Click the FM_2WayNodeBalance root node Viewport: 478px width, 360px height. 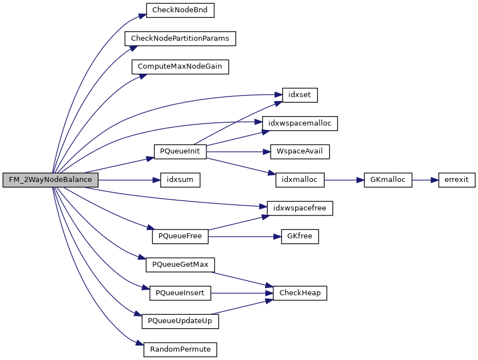tap(50, 180)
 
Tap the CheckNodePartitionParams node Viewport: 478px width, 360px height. tap(180, 38)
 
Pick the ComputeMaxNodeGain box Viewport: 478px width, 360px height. tap(180, 66)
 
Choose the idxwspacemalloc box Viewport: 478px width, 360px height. tap(300, 123)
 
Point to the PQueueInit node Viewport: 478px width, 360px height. tap(180, 151)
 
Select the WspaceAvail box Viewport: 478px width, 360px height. tap(300, 151)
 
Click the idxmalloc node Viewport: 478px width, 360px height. tap(300, 180)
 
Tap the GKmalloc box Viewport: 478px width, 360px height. tap(388, 180)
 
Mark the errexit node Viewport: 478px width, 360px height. tap(457, 180)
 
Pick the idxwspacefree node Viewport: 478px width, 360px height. tap(300, 208)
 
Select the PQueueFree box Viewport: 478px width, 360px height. tap(180, 237)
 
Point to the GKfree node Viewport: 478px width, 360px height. tap(300, 237)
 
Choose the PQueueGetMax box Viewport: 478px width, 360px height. tap(180, 265)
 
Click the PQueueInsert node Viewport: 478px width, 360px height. tap(180, 293)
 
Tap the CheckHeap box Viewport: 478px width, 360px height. tap(300, 293)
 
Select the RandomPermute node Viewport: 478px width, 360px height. tap(180, 350)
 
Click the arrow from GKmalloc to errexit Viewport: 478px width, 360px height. tap(425, 180)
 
